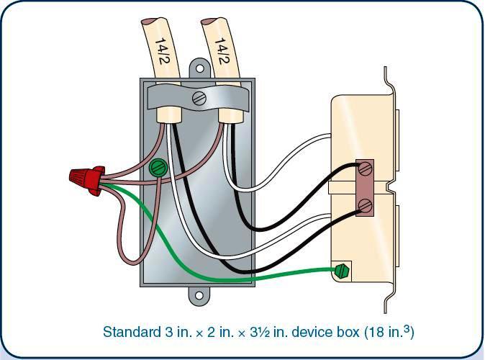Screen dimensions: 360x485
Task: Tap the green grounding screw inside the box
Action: [x=158, y=168]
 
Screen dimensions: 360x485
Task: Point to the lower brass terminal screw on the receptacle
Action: [x=365, y=205]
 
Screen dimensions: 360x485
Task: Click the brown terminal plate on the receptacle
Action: [x=365, y=188]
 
